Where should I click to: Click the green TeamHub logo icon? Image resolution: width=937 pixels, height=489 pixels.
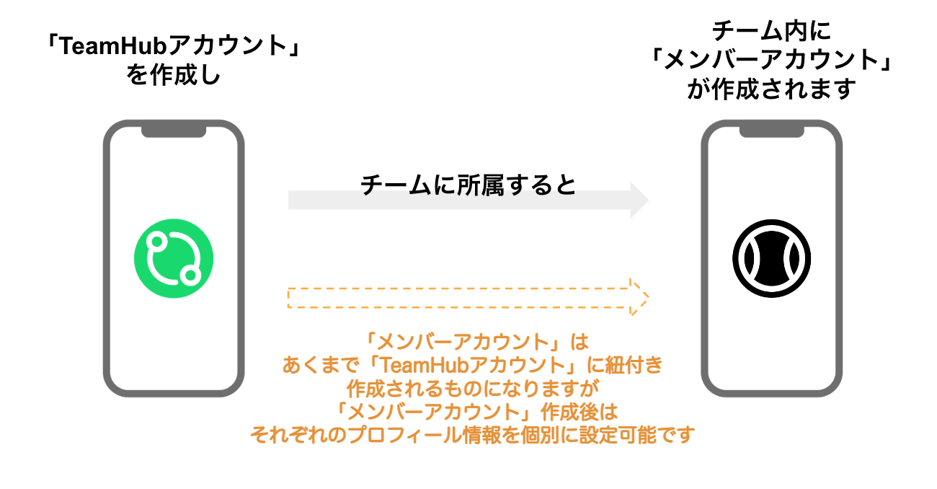(x=174, y=258)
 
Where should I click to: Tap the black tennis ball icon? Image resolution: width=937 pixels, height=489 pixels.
(x=772, y=258)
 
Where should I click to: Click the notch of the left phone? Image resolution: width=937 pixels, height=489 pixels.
(x=174, y=131)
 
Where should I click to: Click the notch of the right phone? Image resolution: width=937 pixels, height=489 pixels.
(x=772, y=131)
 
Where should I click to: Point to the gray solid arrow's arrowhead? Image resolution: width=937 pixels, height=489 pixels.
(x=639, y=200)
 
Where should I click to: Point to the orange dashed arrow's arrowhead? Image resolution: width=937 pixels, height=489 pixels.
(x=639, y=297)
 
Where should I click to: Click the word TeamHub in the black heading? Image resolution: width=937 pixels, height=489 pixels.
(x=113, y=45)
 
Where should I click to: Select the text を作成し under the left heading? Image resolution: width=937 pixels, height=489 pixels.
(x=173, y=75)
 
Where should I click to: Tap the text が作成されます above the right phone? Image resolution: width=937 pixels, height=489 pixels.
(x=771, y=89)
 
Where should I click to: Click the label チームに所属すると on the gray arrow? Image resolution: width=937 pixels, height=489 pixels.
(x=468, y=185)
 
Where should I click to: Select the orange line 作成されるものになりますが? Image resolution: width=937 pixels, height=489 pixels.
(x=473, y=388)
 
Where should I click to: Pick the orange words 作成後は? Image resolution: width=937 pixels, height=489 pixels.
(x=579, y=412)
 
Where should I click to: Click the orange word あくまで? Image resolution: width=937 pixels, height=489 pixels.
(x=321, y=365)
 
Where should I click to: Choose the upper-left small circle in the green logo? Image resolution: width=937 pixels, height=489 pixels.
(x=157, y=242)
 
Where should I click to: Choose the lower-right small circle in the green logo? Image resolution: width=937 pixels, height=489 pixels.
(x=191, y=275)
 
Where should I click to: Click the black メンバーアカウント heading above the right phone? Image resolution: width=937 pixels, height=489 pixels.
(x=771, y=60)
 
